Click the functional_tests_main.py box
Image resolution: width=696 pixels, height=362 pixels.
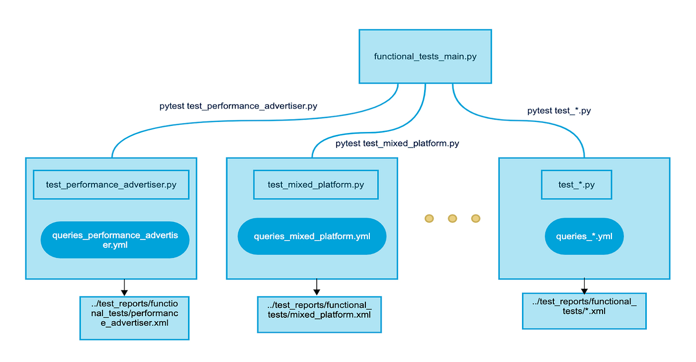click(425, 56)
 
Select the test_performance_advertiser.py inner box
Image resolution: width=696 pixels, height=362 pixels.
click(111, 185)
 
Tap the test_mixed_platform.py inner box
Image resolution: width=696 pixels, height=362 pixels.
click(316, 185)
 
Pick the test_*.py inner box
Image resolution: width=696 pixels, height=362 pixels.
click(576, 185)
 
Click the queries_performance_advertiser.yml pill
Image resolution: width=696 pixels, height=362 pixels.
click(115, 240)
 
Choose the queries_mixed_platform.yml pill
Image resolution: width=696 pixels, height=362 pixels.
click(312, 236)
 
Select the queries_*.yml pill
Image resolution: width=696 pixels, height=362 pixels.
click(584, 236)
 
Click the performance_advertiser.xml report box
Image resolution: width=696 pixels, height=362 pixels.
click(135, 318)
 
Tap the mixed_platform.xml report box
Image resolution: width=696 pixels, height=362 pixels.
click(319, 314)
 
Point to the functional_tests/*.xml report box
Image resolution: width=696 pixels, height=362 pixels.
click(584, 311)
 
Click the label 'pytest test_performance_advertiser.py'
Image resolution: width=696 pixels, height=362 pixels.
click(238, 106)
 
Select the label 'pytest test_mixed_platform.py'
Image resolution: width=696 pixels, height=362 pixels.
click(397, 143)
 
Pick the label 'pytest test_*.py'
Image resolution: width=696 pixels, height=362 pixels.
click(559, 111)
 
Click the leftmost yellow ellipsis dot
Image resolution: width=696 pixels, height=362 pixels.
click(429, 219)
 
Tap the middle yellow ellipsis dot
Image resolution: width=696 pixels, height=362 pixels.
click(452, 219)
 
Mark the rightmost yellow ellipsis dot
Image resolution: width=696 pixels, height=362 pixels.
click(476, 219)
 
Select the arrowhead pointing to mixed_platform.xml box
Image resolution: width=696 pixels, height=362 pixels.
click(317, 292)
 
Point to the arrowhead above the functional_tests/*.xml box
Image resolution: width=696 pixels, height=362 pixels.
click(584, 291)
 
